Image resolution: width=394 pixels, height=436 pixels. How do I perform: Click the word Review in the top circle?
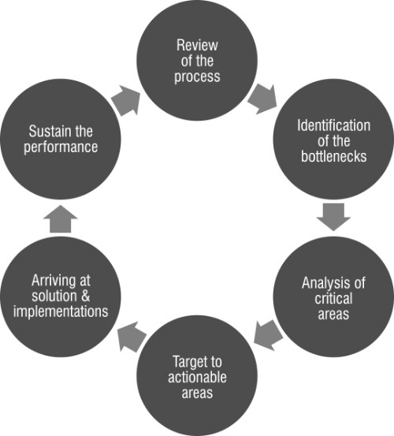pyautogui.click(x=197, y=45)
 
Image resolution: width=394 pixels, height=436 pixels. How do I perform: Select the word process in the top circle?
pyautogui.click(x=197, y=76)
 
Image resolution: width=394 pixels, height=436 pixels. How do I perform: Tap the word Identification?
pyautogui.click(x=333, y=125)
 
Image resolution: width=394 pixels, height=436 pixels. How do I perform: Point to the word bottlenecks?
pyautogui.click(x=333, y=156)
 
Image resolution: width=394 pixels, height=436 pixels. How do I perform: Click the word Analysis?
pyautogui.click(x=323, y=283)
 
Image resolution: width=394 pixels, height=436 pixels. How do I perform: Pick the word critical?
pyautogui.click(x=333, y=298)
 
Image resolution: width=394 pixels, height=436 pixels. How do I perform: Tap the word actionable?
pyautogui.click(x=197, y=378)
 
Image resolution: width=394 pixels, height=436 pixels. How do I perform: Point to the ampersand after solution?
pyautogui.click(x=86, y=296)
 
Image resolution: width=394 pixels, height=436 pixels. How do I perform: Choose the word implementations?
pyautogui.click(x=61, y=311)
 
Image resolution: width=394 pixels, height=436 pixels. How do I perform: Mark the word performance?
pyautogui.click(x=61, y=147)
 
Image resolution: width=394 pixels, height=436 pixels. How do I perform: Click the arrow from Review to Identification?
pyautogui.click(x=263, y=99)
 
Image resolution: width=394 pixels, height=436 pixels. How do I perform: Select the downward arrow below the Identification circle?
pyautogui.click(x=333, y=217)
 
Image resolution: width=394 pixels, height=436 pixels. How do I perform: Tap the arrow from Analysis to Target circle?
pyautogui.click(x=268, y=335)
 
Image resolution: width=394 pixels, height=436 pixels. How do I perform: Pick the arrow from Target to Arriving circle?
pyautogui.click(x=132, y=337)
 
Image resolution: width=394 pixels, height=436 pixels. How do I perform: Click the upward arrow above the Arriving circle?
pyautogui.click(x=61, y=219)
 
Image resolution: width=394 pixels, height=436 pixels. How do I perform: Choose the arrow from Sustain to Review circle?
pyautogui.click(x=126, y=100)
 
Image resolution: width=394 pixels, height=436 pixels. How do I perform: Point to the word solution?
pyautogui.click(x=54, y=296)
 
